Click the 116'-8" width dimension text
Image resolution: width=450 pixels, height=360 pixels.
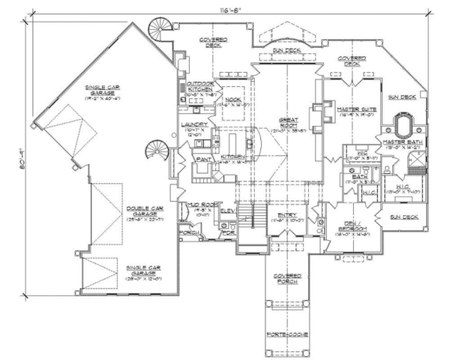pyautogui.click(x=220, y=10)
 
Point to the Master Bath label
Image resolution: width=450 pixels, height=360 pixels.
pyautogui.click(x=403, y=145)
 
